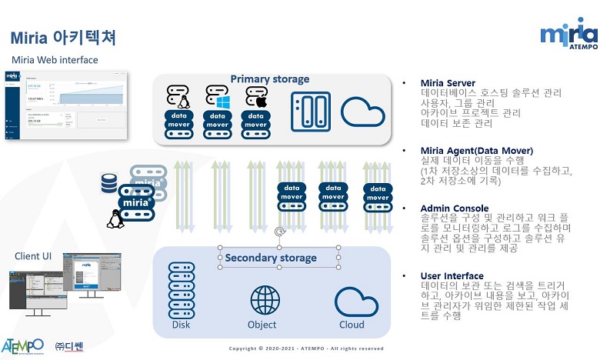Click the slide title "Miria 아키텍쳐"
tap(63, 38)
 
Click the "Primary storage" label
tap(270, 79)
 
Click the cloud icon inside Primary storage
tap(362, 112)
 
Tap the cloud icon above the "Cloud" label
tap(350, 301)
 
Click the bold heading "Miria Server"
tap(448, 83)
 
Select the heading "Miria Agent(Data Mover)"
tap(476, 150)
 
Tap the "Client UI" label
tap(33, 255)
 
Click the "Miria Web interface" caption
tap(55, 60)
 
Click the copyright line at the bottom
tap(305, 348)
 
